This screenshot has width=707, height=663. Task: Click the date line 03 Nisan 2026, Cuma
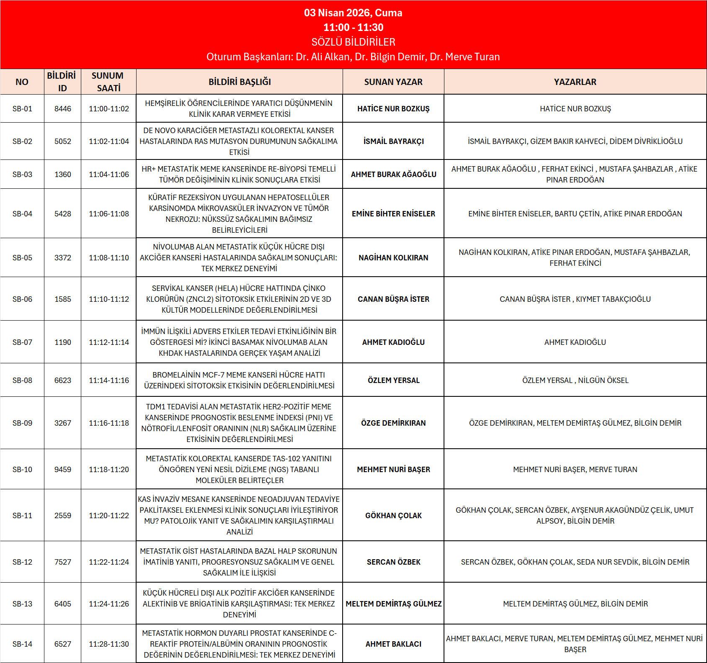(353, 13)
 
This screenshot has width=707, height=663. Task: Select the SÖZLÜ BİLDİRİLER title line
(353, 42)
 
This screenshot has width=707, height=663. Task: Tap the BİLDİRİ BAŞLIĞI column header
(240, 82)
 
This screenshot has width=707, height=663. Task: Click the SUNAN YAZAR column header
(393, 82)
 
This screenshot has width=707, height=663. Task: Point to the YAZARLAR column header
(575, 82)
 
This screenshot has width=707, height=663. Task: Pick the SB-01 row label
(22, 109)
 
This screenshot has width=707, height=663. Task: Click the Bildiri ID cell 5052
(63, 141)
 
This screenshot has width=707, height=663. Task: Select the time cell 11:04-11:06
(109, 175)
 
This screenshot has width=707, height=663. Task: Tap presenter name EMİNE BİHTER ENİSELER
(393, 214)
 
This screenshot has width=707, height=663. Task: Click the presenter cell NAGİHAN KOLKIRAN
(393, 258)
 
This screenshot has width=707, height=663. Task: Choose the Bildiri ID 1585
(63, 299)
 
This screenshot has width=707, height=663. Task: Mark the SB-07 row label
(22, 342)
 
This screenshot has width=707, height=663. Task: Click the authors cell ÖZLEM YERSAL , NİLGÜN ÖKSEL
(575, 380)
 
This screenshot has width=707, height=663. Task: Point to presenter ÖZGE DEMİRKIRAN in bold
(393, 423)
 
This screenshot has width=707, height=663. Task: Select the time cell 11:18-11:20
(109, 470)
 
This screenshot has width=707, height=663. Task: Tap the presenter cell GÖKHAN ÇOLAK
(393, 516)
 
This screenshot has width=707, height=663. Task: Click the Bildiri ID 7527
(63, 562)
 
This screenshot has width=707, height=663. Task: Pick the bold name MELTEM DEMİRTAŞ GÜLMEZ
(393, 604)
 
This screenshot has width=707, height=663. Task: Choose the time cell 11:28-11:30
(109, 644)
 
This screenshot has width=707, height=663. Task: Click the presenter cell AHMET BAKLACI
(393, 644)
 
